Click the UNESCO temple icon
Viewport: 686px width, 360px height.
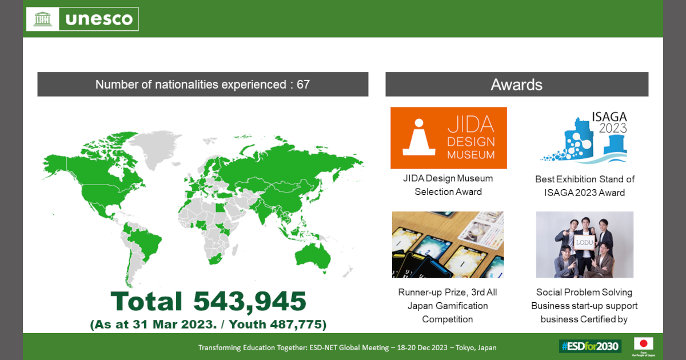(42, 19)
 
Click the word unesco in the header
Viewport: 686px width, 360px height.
(99, 19)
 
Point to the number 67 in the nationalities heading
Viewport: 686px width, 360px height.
(303, 85)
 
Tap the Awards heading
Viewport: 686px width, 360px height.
(516, 85)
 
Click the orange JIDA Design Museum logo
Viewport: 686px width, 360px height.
(448, 138)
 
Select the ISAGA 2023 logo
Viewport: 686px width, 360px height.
(584, 137)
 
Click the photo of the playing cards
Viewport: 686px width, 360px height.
(448, 245)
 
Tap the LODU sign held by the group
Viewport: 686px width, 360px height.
(584, 243)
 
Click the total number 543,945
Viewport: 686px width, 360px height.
(250, 302)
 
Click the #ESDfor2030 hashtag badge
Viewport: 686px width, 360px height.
(590, 346)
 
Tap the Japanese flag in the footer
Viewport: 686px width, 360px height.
(644, 343)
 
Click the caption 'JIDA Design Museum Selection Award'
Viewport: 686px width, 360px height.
(448, 185)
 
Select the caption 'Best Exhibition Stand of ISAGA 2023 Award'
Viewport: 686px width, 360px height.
(585, 186)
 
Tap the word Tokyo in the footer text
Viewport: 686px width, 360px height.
(462, 348)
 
